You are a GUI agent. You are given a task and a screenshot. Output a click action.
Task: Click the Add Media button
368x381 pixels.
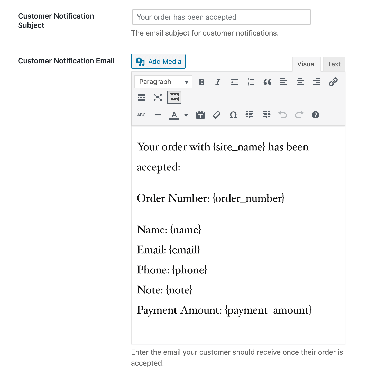[x=158, y=61]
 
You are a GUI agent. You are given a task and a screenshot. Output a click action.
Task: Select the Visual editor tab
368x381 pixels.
[x=306, y=64]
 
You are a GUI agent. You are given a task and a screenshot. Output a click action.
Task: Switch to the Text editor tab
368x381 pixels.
[x=334, y=64]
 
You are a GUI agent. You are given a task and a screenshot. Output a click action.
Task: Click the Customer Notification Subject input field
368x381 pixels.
[x=221, y=17]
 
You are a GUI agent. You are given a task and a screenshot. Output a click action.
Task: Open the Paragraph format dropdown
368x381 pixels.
[x=163, y=82]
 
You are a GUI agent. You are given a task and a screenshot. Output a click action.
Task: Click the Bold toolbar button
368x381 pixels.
[x=201, y=82]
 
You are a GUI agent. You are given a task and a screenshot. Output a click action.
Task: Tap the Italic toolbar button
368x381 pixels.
[x=218, y=82]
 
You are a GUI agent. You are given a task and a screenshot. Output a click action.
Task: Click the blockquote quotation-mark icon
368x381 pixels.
[x=267, y=82]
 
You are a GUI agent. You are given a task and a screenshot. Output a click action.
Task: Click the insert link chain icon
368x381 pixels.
[x=333, y=82]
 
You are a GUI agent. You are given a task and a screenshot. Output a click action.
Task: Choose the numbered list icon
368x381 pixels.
[x=251, y=82]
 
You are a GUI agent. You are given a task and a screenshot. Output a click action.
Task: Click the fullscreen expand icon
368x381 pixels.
[x=158, y=97]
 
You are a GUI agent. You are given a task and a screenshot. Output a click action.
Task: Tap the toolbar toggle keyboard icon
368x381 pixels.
[x=174, y=97]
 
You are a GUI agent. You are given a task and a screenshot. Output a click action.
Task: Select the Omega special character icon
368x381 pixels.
[x=233, y=115]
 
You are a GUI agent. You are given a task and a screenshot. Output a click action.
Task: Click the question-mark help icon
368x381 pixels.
[x=315, y=115]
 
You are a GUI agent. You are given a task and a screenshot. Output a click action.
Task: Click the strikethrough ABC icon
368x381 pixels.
[x=141, y=115]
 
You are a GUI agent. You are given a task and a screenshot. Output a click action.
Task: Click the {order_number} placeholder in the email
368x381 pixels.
[x=249, y=198]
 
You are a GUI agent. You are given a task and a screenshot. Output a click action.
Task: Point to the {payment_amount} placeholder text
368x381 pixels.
[x=268, y=310]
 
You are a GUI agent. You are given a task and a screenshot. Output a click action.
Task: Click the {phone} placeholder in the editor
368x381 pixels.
[x=189, y=270]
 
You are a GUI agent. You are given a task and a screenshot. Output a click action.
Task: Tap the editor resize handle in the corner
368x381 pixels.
[x=341, y=340]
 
